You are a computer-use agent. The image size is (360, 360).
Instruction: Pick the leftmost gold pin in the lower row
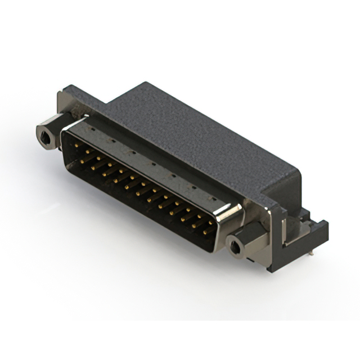click(83, 161)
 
